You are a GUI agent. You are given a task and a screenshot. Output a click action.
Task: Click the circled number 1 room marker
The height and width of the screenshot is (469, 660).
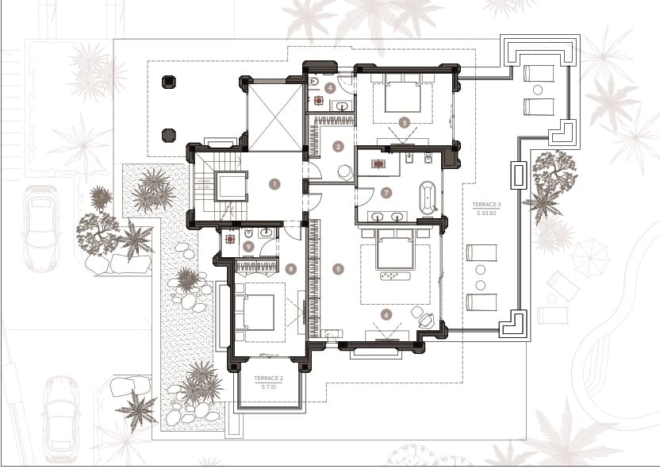click(x=274, y=184)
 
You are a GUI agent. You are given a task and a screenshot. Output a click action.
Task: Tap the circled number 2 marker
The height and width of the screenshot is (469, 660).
click(x=338, y=146)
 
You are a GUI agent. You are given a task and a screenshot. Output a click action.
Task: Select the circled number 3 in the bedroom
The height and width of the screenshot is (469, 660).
click(x=404, y=123)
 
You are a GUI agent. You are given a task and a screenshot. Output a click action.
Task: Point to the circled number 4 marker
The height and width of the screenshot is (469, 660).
click(x=330, y=88)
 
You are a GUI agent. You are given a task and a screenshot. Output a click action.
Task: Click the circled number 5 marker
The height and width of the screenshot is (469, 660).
click(x=339, y=269)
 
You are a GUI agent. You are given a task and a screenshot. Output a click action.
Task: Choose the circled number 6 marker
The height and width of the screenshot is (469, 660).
click(x=386, y=314)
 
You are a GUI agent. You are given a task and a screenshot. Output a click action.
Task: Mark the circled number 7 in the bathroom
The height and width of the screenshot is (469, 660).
click(x=386, y=192)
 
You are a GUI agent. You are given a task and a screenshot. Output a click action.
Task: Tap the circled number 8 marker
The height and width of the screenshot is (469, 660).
click(x=291, y=269)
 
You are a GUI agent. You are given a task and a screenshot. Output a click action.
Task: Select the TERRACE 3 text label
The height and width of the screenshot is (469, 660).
click(x=481, y=208)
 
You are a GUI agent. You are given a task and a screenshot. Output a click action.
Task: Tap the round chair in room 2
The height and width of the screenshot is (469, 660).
click(x=345, y=171)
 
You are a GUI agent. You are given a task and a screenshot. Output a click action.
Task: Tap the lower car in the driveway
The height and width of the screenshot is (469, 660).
click(x=61, y=418)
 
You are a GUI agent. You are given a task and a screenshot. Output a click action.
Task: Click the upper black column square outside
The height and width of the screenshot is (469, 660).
click(x=168, y=82)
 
